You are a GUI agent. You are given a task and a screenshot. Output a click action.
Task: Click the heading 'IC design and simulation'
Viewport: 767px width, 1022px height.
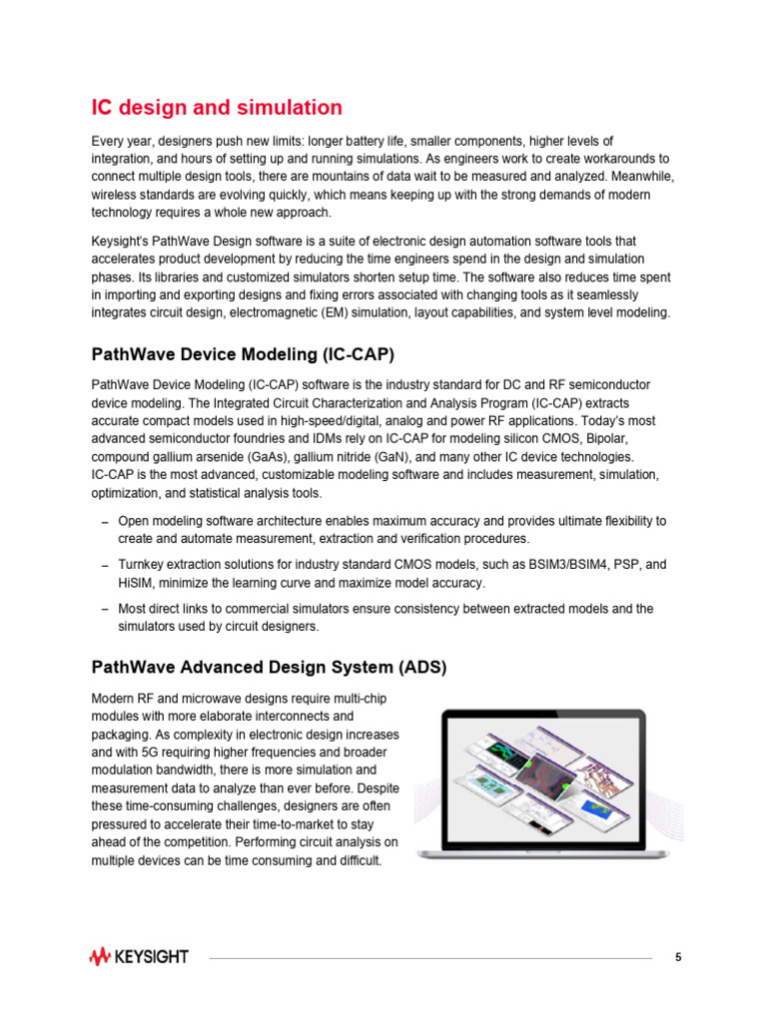pyautogui.click(x=217, y=108)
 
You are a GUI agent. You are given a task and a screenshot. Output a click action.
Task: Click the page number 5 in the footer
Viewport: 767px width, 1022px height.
pyautogui.click(x=678, y=957)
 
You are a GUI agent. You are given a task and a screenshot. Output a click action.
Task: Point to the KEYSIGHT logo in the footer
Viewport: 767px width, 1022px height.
pyautogui.click(x=139, y=957)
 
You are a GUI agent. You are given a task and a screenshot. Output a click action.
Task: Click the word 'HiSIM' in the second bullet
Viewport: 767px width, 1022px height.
pyautogui.click(x=135, y=583)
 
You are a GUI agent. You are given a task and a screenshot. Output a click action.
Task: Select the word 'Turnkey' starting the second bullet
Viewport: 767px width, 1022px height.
pyautogui.click(x=141, y=565)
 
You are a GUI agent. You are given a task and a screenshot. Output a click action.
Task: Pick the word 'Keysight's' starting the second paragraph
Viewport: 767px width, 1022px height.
pyautogui.click(x=121, y=242)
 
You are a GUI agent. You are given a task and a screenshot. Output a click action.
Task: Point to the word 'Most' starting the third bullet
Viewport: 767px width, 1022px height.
pyautogui.click(x=132, y=608)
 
